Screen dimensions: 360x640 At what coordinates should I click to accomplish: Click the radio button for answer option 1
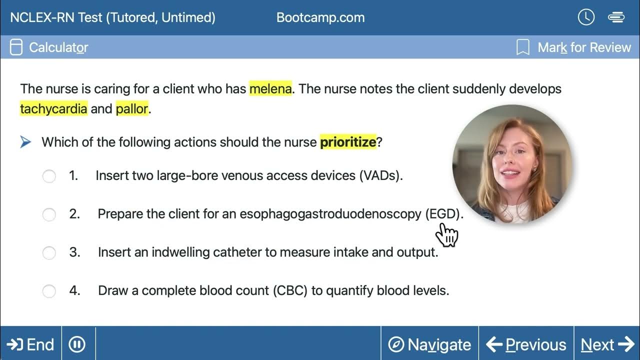[x=49, y=176]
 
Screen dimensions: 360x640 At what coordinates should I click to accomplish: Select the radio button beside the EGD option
[x=49, y=214]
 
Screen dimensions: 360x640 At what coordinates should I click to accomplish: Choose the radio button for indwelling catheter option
[x=49, y=252]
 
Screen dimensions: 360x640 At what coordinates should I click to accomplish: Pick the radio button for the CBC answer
[x=49, y=291]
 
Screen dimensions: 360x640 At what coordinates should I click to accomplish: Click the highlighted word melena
[x=270, y=89]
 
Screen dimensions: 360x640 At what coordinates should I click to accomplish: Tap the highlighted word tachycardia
[x=53, y=108]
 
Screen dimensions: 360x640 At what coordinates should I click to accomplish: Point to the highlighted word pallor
[x=132, y=108]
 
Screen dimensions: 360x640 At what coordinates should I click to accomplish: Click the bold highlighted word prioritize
[x=348, y=142]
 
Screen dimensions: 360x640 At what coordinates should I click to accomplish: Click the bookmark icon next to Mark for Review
[x=522, y=47]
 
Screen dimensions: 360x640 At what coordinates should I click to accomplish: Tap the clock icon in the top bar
[x=586, y=17]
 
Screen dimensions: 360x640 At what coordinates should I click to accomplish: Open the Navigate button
[x=430, y=344]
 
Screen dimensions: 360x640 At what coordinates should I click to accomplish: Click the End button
[x=31, y=344]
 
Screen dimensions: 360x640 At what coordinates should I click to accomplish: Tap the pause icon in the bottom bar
[x=77, y=344]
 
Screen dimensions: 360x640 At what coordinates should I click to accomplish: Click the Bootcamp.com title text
[x=320, y=18]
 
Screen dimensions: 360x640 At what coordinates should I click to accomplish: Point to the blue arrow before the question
[x=25, y=142]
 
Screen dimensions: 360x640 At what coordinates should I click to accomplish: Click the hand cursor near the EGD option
[x=447, y=234]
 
